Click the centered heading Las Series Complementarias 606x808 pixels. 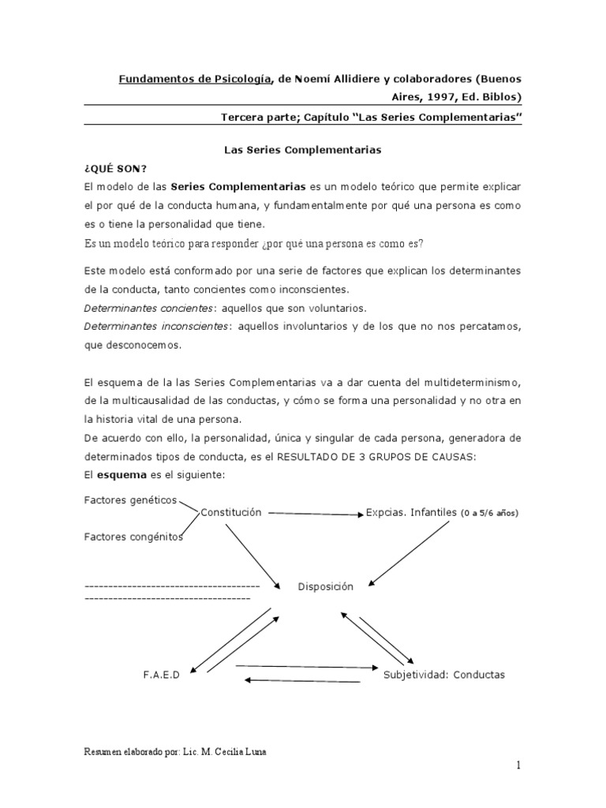coord(303,148)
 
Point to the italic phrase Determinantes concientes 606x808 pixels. coord(148,308)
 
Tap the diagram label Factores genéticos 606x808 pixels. coord(130,499)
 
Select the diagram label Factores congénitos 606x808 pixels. coord(133,537)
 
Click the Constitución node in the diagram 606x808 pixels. coord(230,512)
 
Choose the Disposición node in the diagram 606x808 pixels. coord(326,586)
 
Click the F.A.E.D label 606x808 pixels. coord(162,675)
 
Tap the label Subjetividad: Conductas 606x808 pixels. coord(444,675)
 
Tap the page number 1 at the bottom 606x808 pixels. coord(519,765)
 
